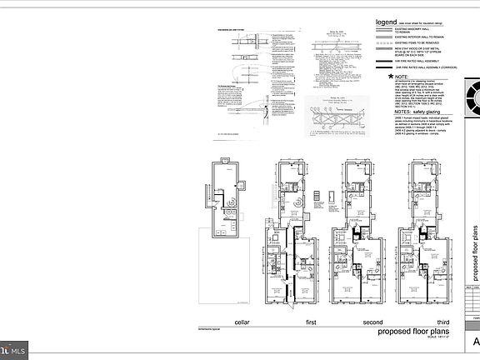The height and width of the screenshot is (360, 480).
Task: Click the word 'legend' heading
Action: (387, 22)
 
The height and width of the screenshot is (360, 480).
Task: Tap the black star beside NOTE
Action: (379, 76)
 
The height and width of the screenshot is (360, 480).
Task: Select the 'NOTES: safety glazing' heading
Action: (404, 111)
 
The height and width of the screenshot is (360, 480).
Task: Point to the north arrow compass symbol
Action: (472, 97)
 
